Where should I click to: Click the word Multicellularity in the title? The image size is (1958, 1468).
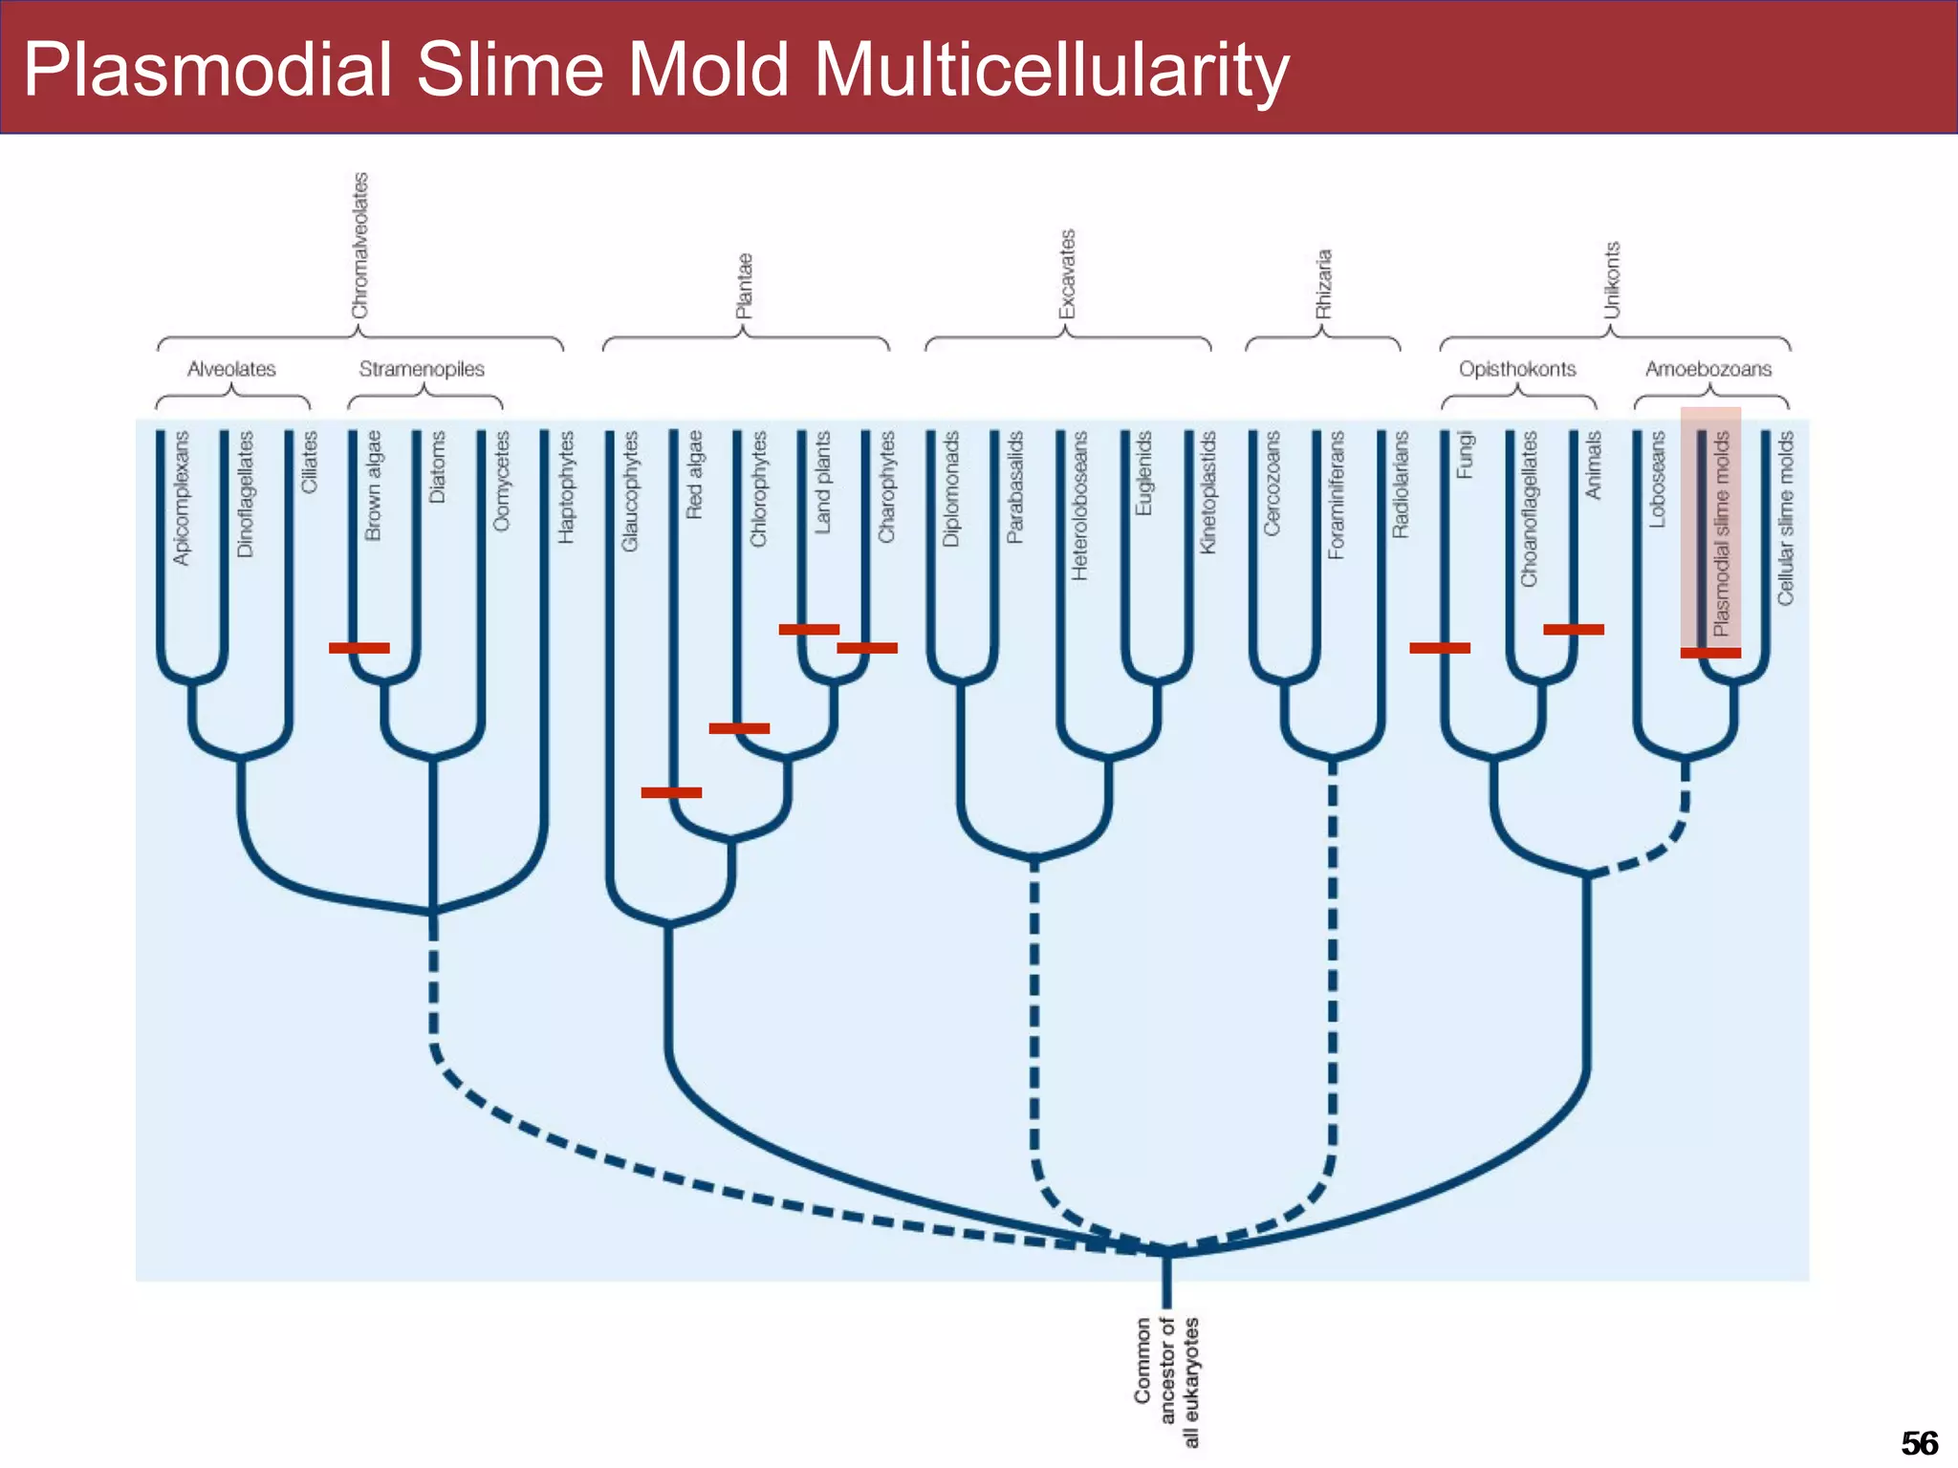tap(1051, 70)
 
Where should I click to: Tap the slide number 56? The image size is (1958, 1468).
tap(1919, 1442)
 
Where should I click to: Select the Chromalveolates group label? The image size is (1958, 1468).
tap(359, 247)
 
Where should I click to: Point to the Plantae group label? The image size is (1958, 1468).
tap(744, 286)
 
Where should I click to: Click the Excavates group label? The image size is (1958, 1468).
tap(1067, 274)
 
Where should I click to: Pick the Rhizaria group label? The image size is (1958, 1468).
tap(1323, 284)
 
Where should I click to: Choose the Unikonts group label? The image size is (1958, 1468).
tap(1612, 280)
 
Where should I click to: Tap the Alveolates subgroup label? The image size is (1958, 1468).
tap(231, 369)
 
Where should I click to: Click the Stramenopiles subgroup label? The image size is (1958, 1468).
tap(422, 369)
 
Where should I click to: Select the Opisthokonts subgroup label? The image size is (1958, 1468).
tap(1517, 369)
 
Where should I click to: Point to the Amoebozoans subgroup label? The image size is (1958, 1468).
tap(1708, 369)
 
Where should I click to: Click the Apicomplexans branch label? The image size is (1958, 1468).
tap(181, 498)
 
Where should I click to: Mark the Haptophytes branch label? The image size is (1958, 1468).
tap(567, 487)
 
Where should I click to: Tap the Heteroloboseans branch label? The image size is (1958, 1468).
tap(1079, 506)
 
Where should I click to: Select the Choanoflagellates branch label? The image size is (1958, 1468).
tap(1529, 509)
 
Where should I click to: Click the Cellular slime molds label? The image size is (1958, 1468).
tap(1785, 518)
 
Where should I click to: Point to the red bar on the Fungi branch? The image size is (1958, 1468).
tap(1440, 648)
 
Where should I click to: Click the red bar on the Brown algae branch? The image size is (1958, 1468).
tap(359, 648)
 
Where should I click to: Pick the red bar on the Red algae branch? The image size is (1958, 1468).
tap(671, 792)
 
